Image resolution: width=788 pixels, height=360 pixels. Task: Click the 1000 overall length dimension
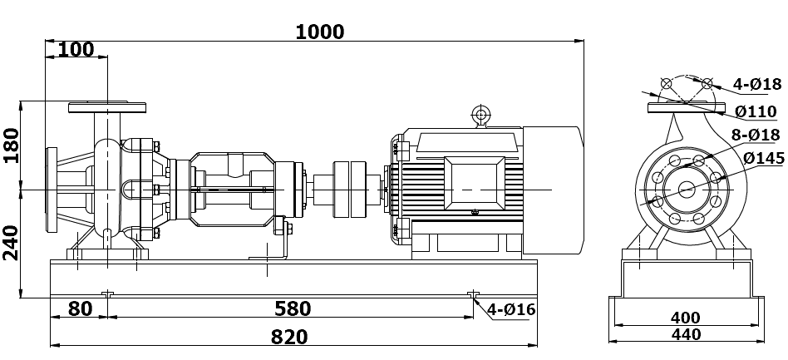coord(320,31)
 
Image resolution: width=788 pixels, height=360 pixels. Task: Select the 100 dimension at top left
coord(76,49)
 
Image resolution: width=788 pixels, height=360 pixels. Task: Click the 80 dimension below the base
coord(79,308)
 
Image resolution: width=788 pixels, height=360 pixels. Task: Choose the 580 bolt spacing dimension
coord(292,308)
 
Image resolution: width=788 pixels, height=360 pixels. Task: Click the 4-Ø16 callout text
coord(511,310)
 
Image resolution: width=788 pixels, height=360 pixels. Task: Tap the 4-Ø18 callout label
coord(757,84)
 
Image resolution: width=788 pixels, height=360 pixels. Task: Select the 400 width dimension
coord(685,318)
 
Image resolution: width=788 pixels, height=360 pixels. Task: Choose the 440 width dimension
coord(685,334)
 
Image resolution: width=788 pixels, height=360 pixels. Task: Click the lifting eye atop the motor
coord(480,115)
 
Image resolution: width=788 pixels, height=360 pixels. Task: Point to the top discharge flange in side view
coord(107,108)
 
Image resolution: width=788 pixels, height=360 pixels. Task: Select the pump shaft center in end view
coord(687,189)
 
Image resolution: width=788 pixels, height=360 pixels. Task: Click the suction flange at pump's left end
coord(52,190)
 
